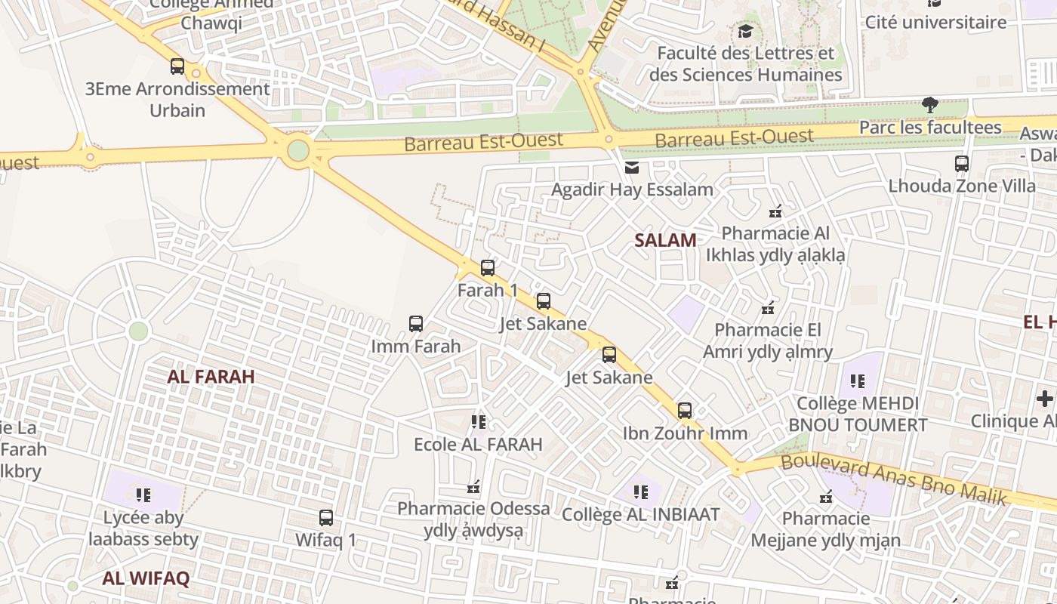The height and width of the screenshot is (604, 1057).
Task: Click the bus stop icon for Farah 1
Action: (488, 267)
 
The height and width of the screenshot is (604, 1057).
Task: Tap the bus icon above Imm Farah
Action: (416, 324)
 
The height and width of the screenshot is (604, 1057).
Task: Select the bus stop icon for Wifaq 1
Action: (326, 518)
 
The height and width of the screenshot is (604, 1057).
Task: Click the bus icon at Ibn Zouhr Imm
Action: (685, 411)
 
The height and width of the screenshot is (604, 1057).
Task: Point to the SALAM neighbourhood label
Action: (665, 241)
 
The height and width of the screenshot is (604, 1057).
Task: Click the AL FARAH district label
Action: (211, 376)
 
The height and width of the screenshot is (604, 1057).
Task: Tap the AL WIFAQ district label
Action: (146, 579)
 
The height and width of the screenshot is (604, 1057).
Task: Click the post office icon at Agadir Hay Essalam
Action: (632, 167)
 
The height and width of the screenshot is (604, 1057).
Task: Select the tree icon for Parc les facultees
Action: (930, 105)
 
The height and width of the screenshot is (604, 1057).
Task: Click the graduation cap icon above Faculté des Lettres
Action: (746, 31)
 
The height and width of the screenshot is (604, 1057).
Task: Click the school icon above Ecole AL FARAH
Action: (478, 421)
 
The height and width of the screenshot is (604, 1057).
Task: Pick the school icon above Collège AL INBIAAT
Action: (641, 492)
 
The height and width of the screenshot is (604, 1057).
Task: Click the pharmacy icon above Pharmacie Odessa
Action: (474, 486)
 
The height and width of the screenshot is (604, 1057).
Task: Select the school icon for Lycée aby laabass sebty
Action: (143, 495)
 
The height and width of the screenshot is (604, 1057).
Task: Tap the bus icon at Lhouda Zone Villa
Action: (962, 163)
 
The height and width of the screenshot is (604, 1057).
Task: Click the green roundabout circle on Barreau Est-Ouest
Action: (298, 150)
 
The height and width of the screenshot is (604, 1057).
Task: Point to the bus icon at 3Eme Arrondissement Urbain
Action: (177, 66)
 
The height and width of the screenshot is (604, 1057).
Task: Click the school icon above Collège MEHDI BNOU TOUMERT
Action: (858, 381)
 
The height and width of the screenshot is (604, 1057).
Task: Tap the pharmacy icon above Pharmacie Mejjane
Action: (826, 497)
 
